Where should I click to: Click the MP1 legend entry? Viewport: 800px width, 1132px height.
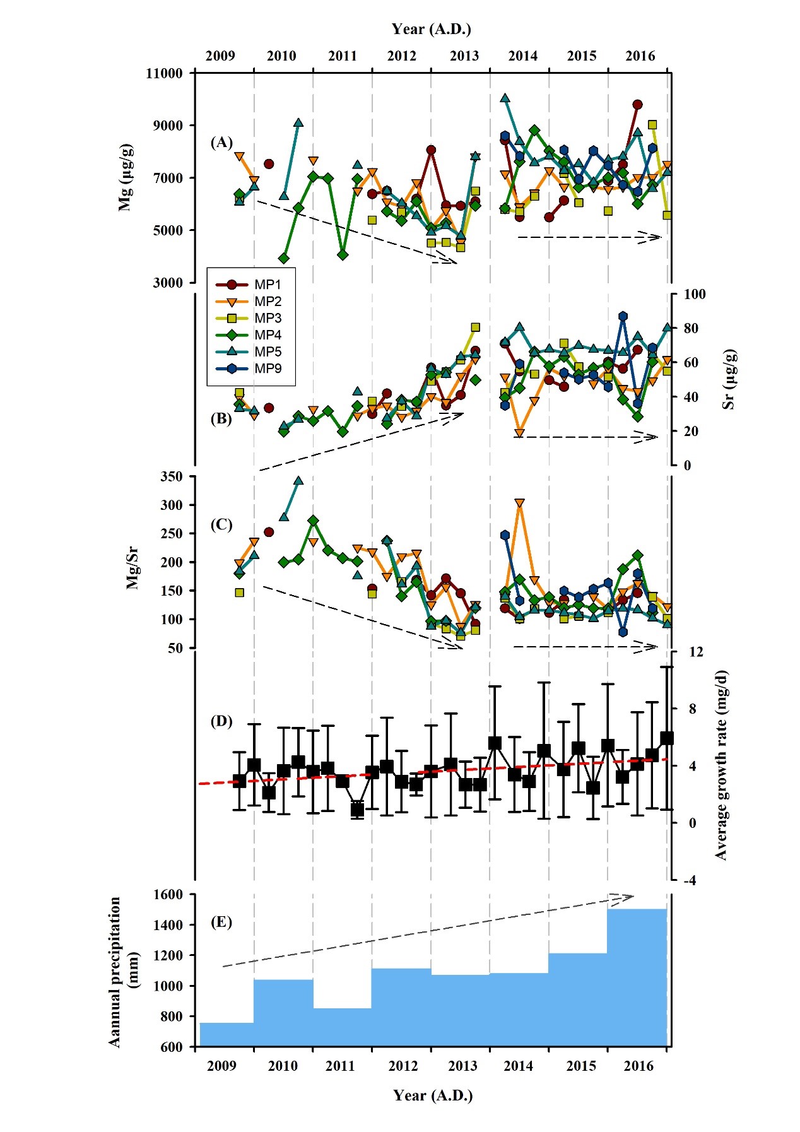point(268,285)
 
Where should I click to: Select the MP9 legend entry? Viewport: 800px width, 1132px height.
point(268,368)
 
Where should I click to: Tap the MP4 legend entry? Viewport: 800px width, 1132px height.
point(268,335)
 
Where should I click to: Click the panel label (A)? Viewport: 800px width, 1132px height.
point(221,143)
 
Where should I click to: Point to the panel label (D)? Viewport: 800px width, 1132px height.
point(221,721)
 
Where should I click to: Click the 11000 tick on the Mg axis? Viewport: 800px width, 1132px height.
point(164,73)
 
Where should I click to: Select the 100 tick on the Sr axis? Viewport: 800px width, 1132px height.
point(695,294)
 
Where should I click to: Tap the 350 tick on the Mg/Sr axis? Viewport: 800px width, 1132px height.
point(172,476)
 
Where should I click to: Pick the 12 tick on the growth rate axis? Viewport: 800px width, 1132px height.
point(696,652)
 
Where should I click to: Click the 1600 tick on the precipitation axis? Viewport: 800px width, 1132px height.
point(167,894)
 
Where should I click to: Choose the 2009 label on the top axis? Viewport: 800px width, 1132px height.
point(220,56)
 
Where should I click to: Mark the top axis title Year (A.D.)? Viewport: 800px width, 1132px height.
point(432,29)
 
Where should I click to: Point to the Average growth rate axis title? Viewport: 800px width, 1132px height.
point(721,765)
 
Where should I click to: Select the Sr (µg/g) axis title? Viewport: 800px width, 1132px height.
point(729,379)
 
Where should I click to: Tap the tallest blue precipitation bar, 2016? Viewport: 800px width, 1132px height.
point(637,978)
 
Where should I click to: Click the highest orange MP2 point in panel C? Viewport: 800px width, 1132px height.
point(519,503)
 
